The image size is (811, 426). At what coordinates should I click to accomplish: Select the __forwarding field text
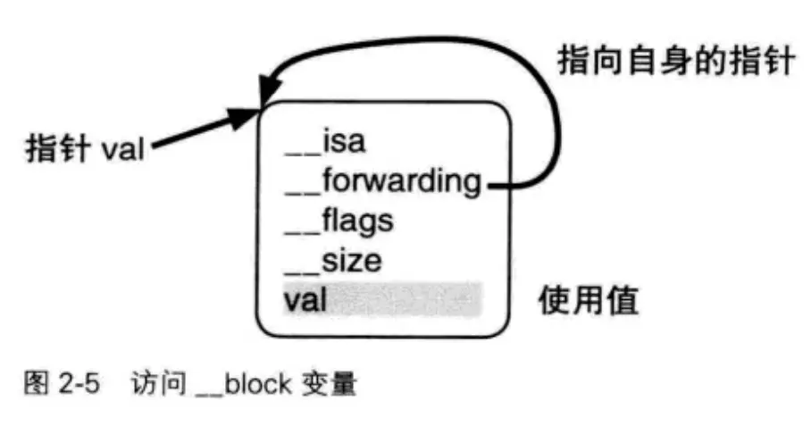(x=382, y=182)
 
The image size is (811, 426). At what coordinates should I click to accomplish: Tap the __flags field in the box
(x=339, y=221)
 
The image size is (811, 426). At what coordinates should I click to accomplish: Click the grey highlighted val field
(x=382, y=300)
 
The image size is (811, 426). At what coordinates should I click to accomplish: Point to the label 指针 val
(x=83, y=147)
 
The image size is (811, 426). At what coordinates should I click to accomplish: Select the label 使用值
(x=588, y=301)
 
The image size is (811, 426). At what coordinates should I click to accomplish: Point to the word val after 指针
(x=122, y=148)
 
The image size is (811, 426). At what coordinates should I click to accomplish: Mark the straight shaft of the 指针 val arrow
(x=192, y=134)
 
